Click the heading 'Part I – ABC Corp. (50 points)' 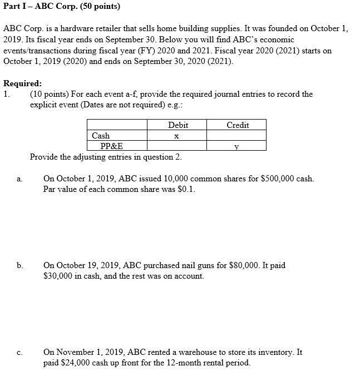point(62,7)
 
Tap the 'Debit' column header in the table point(177,125)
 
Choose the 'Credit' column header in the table point(238,125)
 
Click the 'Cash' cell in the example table point(101,136)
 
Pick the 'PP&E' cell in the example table point(112,146)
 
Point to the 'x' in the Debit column point(176,136)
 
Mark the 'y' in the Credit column point(236,147)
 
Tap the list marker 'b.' point(20,266)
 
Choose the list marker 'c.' point(20,353)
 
